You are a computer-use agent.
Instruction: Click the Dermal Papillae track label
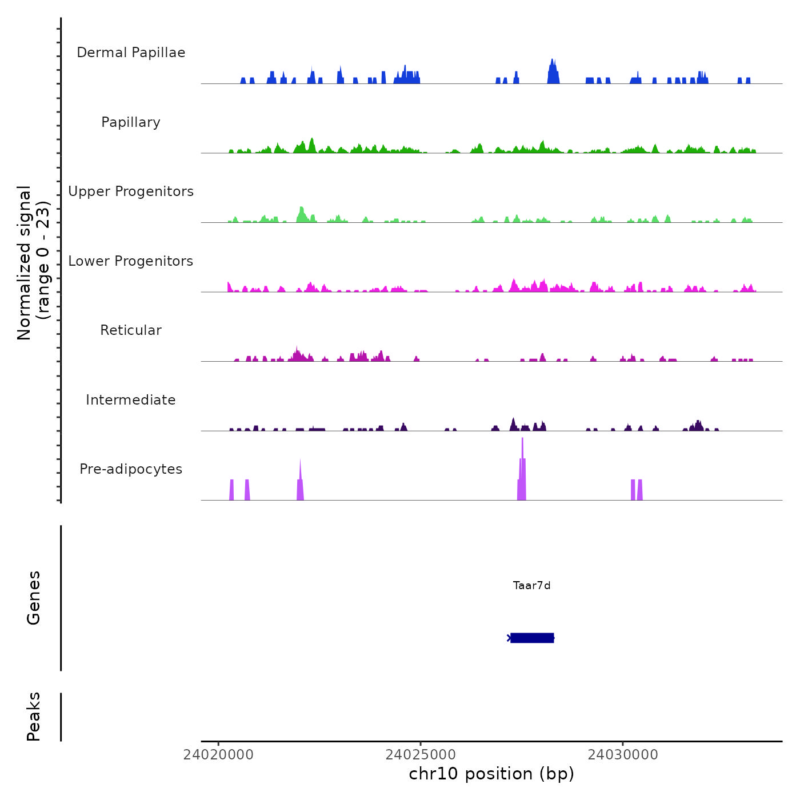131,53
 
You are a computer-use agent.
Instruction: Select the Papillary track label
131,122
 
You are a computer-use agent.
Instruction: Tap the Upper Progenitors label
131,191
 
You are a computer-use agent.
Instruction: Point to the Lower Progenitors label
131,261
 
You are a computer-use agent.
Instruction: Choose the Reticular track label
131,330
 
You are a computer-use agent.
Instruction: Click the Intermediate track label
131,400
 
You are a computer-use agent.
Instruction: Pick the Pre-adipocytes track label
131,469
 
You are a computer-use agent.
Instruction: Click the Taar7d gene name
531,585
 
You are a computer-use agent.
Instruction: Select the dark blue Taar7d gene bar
531,638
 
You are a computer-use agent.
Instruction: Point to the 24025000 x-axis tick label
421,755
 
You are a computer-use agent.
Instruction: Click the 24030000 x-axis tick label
623,755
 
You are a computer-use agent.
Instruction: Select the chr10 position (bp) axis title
491,774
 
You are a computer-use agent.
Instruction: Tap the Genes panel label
34,598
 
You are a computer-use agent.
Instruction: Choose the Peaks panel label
34,717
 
